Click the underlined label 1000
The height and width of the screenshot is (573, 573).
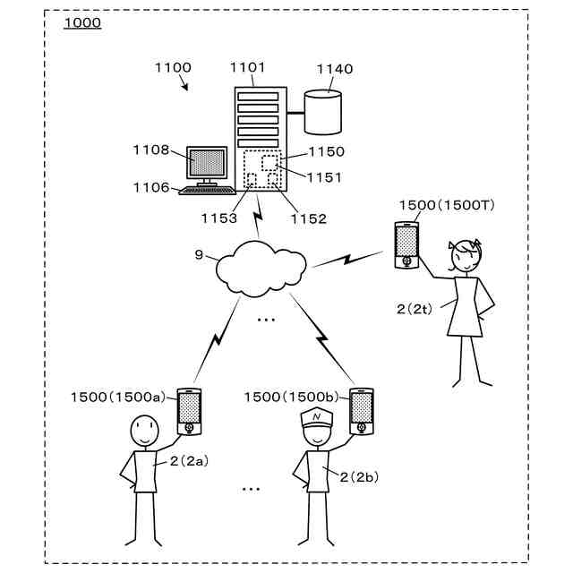point(82,22)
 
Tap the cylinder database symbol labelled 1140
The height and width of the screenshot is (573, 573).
point(323,112)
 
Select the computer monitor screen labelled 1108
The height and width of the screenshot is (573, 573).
point(207,162)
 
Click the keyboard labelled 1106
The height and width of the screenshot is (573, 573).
point(207,190)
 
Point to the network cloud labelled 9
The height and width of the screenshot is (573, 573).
point(261,269)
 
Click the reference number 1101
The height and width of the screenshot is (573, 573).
point(247,67)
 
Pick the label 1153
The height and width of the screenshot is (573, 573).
point(219,218)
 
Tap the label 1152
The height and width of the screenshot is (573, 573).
point(308,218)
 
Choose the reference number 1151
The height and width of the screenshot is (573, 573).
point(324,177)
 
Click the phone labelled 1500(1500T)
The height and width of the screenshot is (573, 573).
point(406,245)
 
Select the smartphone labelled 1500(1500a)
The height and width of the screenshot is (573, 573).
point(189,412)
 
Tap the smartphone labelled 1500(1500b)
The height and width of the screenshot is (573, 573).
point(362,412)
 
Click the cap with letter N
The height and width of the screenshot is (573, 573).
point(316,418)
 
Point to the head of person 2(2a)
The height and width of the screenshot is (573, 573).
point(145,431)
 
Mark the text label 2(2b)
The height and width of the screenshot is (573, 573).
point(359,477)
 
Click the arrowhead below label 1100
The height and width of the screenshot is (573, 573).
point(185,87)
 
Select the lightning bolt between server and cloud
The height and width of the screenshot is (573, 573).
point(258,216)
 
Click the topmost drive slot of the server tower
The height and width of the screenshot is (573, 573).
point(258,97)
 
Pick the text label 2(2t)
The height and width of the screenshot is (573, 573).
point(415,309)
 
